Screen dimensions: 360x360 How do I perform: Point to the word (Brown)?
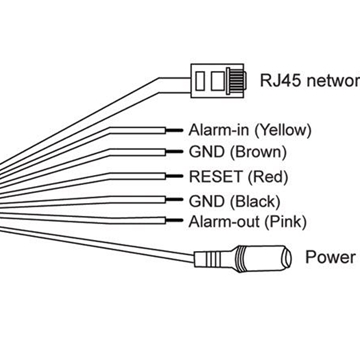[x=256, y=153]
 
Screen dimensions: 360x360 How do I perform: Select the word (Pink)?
[x=285, y=221]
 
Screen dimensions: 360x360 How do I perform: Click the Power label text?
[x=329, y=256]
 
